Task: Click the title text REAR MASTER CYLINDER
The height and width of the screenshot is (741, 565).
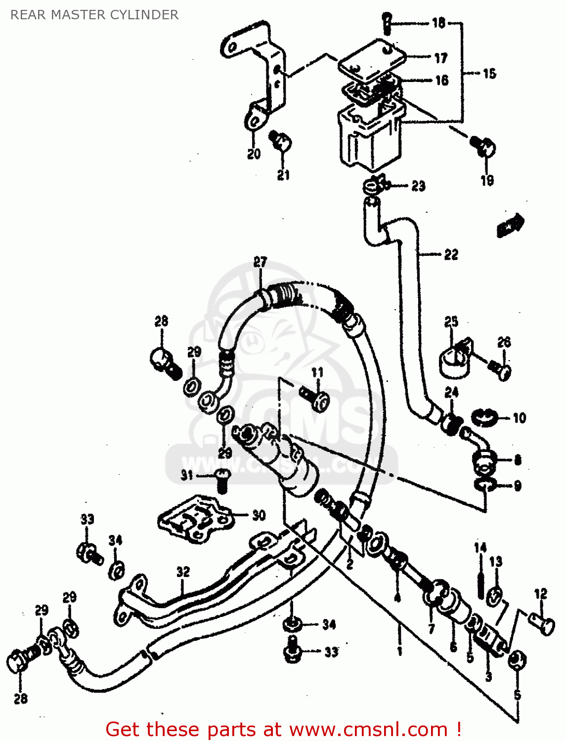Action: [94, 15]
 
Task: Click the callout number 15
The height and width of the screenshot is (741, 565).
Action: [489, 74]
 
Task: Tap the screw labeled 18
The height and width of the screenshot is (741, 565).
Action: [387, 23]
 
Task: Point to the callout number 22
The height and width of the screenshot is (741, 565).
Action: [451, 254]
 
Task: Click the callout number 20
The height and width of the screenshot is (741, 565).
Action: [254, 154]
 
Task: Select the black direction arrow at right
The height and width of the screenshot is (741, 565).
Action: [511, 225]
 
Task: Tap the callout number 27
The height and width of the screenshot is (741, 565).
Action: [261, 262]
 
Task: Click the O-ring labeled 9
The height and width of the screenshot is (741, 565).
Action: [485, 486]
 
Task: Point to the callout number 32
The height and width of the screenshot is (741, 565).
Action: [183, 572]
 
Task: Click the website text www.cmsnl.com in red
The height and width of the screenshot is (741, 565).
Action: [368, 730]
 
